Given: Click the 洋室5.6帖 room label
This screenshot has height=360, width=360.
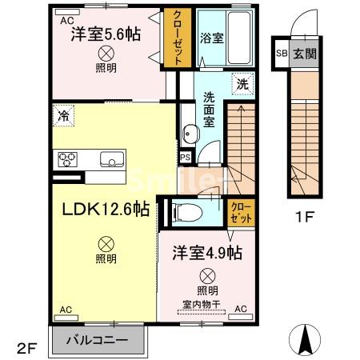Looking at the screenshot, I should point(106,35).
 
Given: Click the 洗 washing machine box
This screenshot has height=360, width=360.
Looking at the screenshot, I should point(241,83).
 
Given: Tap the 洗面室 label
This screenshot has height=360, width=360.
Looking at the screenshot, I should point(209,109).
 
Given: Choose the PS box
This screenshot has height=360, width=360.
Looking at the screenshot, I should point(185,157).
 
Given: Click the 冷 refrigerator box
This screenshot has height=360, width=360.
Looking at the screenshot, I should point(63,115).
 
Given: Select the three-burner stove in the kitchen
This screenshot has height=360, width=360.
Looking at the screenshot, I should point(65,158).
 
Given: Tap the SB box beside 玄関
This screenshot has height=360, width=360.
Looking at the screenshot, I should point(281,54).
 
